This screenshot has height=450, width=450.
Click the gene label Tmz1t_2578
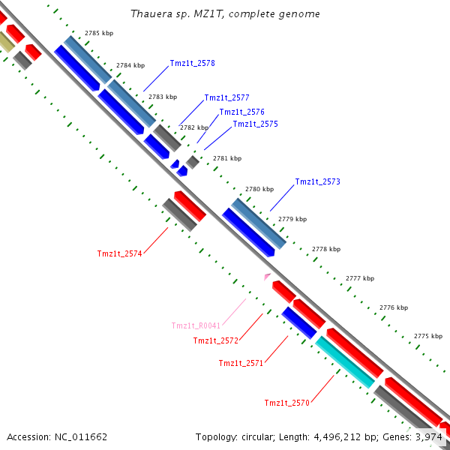click(x=192, y=64)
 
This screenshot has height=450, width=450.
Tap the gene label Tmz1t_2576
click(x=241, y=112)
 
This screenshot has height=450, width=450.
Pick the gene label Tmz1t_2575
click(x=255, y=124)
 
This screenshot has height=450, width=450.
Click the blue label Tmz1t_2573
click(x=317, y=182)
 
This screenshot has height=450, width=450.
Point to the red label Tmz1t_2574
click(x=119, y=253)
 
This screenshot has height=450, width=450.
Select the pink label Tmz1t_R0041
click(x=196, y=325)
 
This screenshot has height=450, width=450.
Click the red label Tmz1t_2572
click(x=215, y=340)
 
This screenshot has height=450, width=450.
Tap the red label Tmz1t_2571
click(x=241, y=363)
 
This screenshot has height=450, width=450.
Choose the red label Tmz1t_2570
click(x=286, y=403)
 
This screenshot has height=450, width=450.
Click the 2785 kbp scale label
click(x=99, y=34)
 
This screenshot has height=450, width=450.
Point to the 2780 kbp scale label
click(x=259, y=189)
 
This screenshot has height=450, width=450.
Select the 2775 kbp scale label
click(x=427, y=336)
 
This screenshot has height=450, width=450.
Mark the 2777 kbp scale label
click(x=360, y=278)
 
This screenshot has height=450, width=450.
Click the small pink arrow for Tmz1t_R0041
click(x=267, y=276)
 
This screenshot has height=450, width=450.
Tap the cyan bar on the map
click(x=345, y=362)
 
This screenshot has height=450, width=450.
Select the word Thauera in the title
click(x=148, y=14)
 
